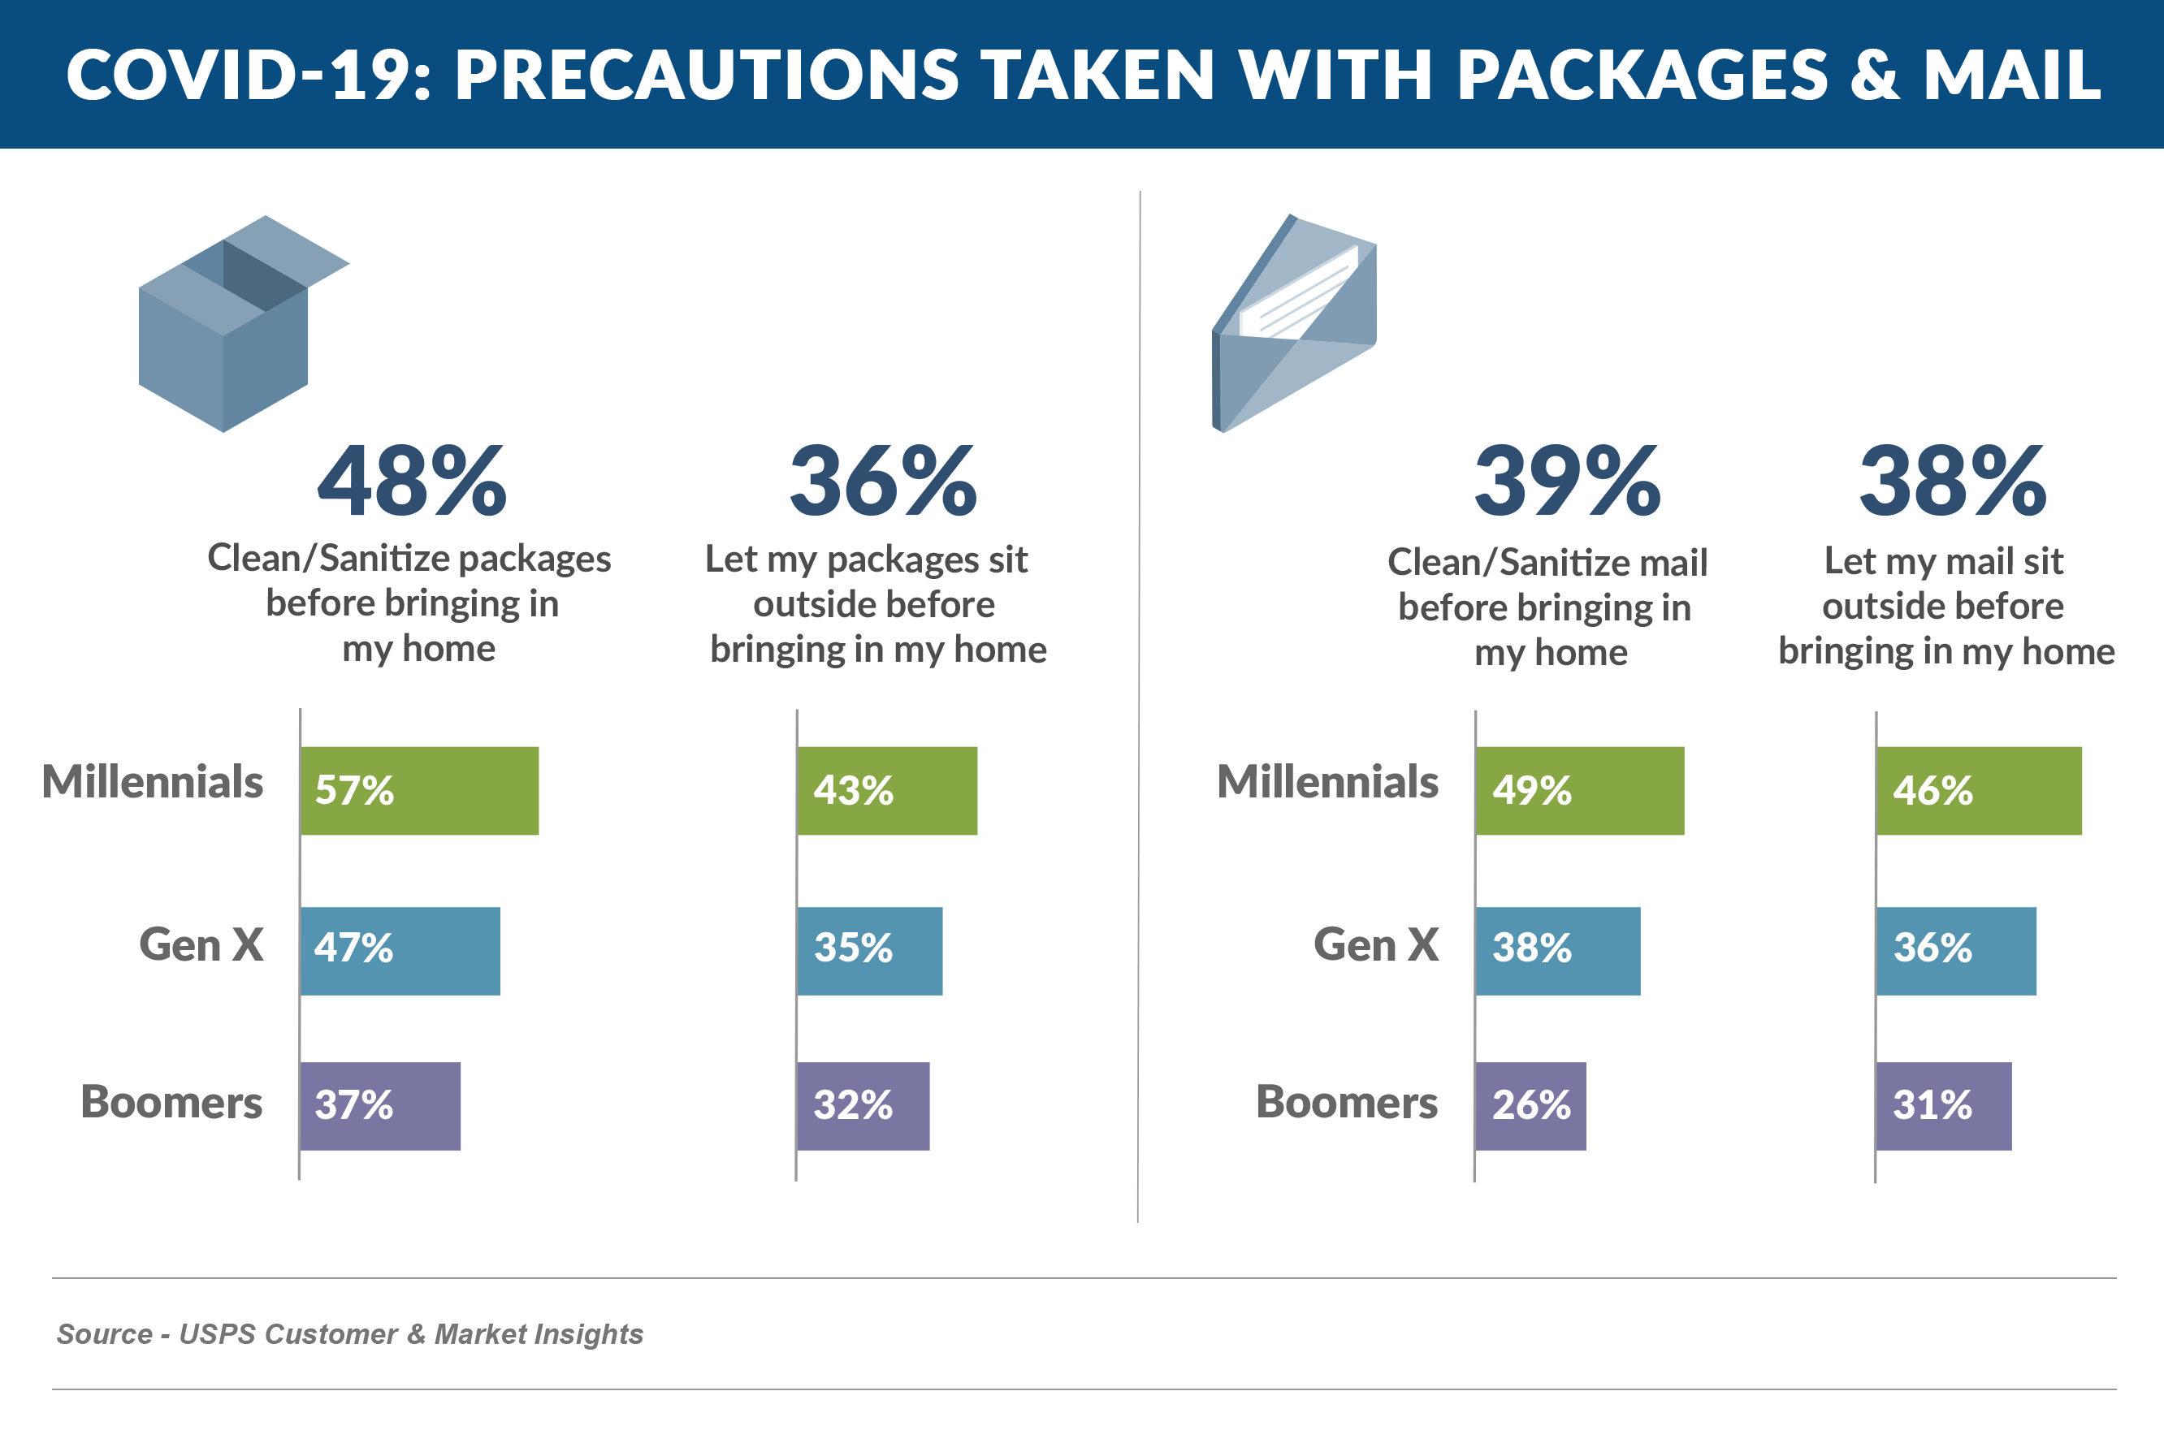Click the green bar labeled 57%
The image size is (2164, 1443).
coord(419,790)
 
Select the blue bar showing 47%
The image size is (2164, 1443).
coord(400,951)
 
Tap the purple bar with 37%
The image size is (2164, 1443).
coord(379,1105)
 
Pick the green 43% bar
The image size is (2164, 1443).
coord(886,790)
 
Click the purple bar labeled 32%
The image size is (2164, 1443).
coord(863,1105)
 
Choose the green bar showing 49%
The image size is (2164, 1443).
coord(1579,790)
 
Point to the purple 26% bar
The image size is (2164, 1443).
coord(1530,1105)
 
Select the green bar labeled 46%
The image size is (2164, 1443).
coord(1978,790)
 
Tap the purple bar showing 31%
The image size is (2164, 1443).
coord(1943,1105)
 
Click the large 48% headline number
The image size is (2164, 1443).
coord(412,482)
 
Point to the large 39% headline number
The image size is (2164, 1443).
coord(1568,482)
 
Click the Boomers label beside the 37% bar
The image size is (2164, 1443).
coord(171,1102)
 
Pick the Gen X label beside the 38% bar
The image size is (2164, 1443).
coord(1375,945)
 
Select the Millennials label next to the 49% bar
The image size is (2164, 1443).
coord(1327,782)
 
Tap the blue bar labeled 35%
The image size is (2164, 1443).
coord(869,951)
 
